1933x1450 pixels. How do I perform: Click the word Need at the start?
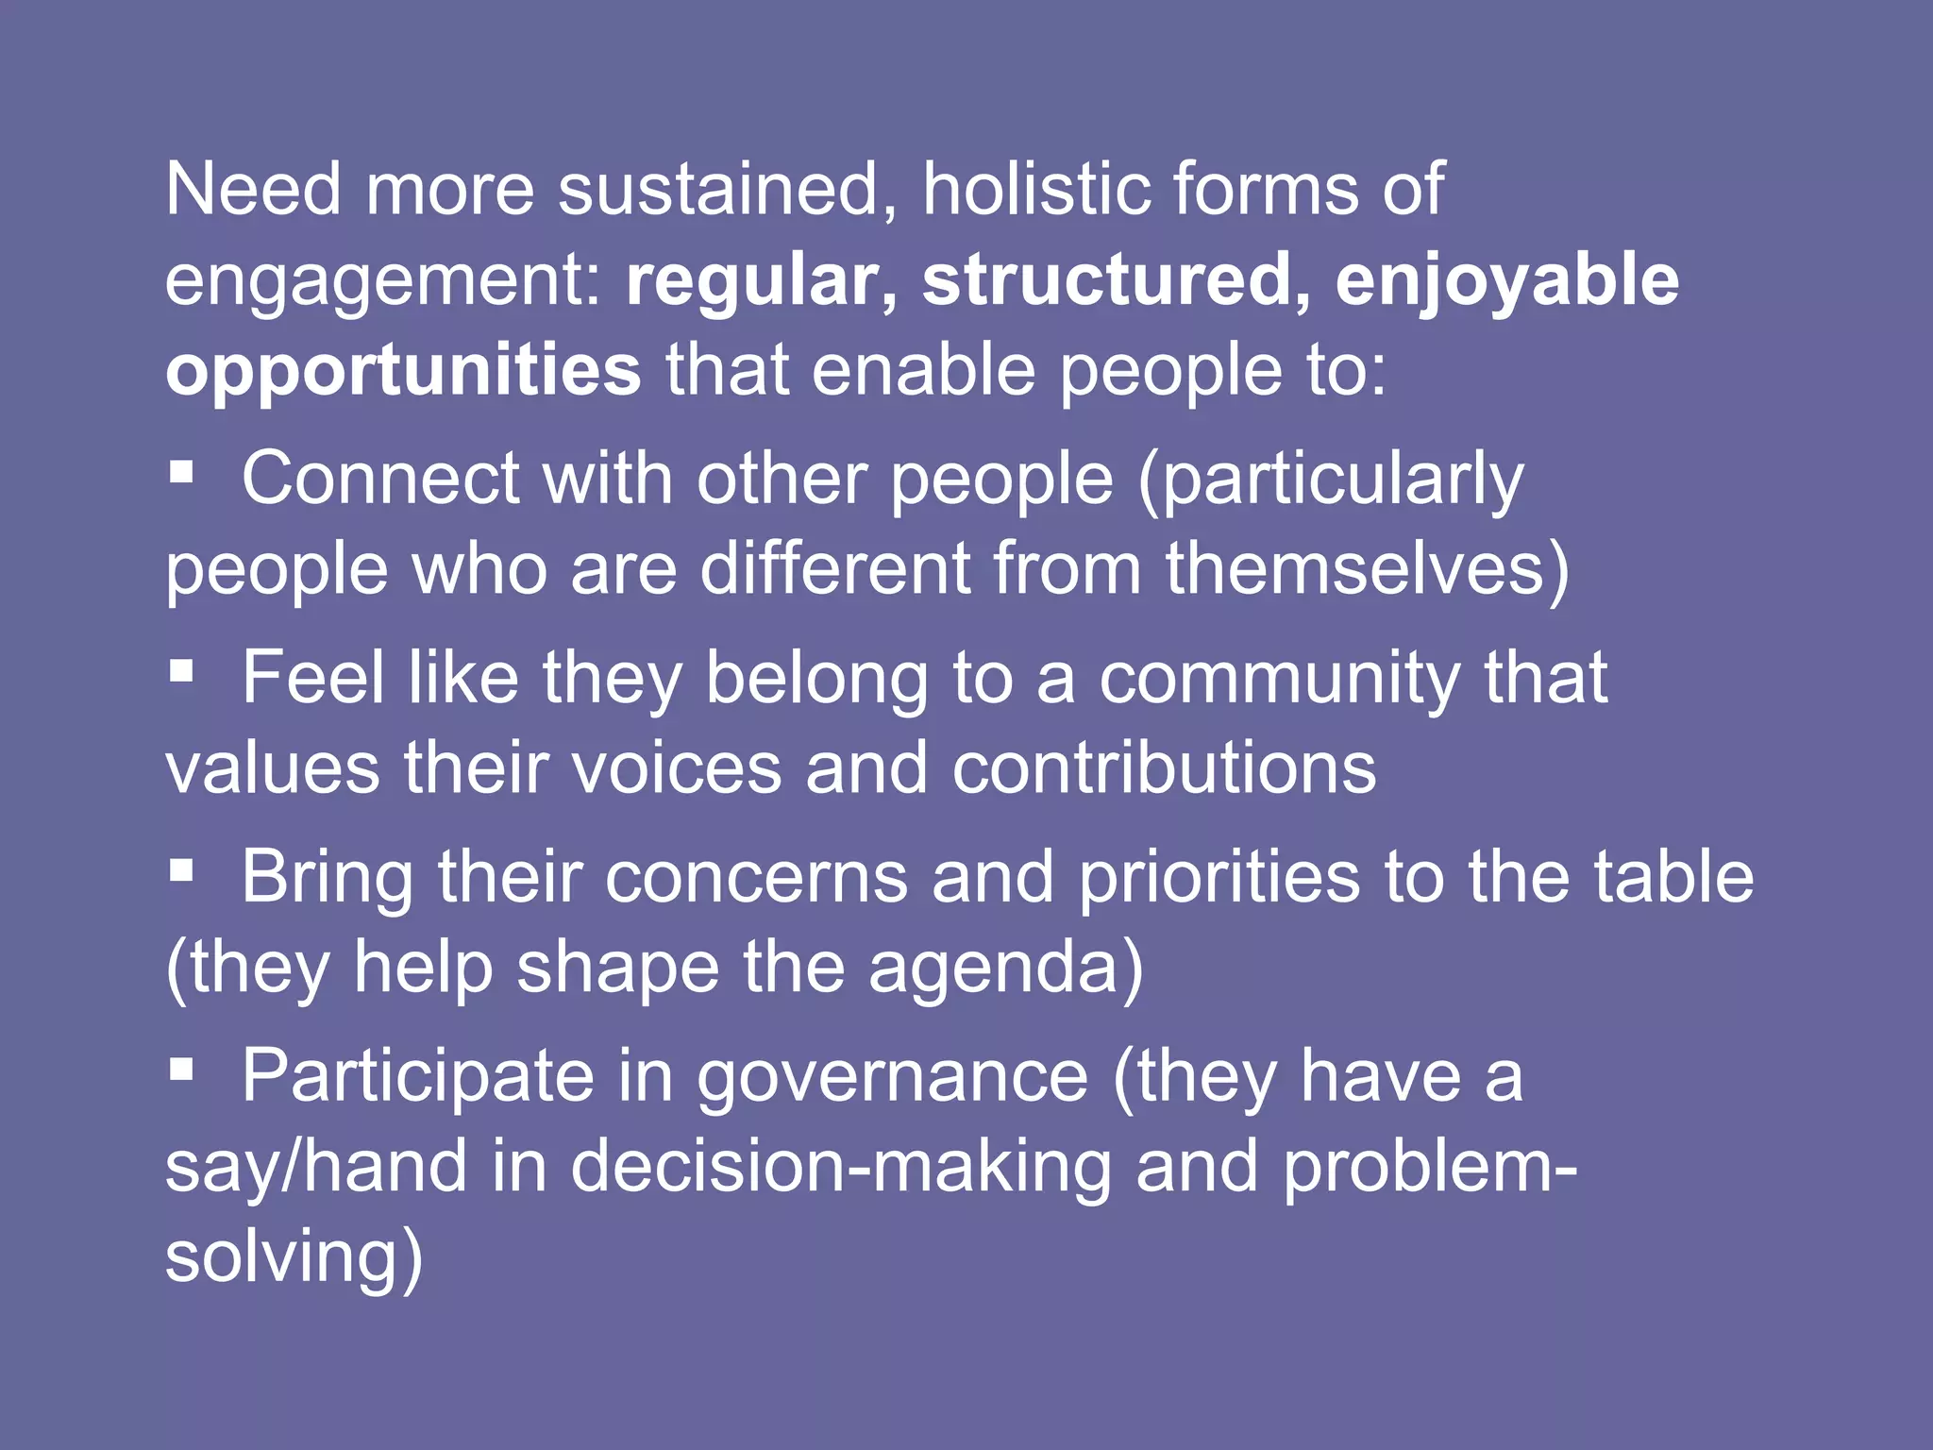click(x=253, y=190)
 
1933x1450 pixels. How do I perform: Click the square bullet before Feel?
click(x=181, y=670)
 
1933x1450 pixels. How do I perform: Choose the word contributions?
click(x=1164, y=768)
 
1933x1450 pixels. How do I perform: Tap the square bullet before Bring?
click(x=181, y=870)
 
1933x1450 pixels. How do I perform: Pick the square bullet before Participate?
click(x=181, y=1069)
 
